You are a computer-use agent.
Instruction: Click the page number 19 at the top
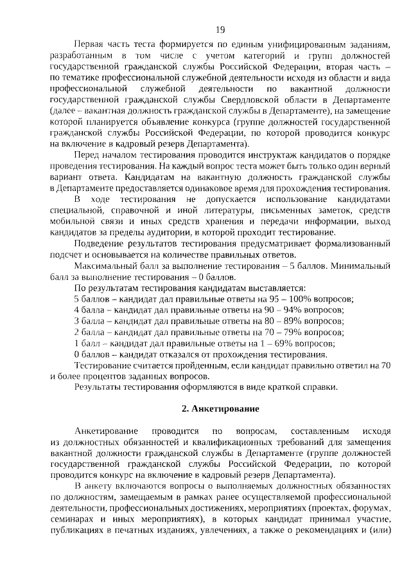(220, 29)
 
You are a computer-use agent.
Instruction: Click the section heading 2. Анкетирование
(220, 409)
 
